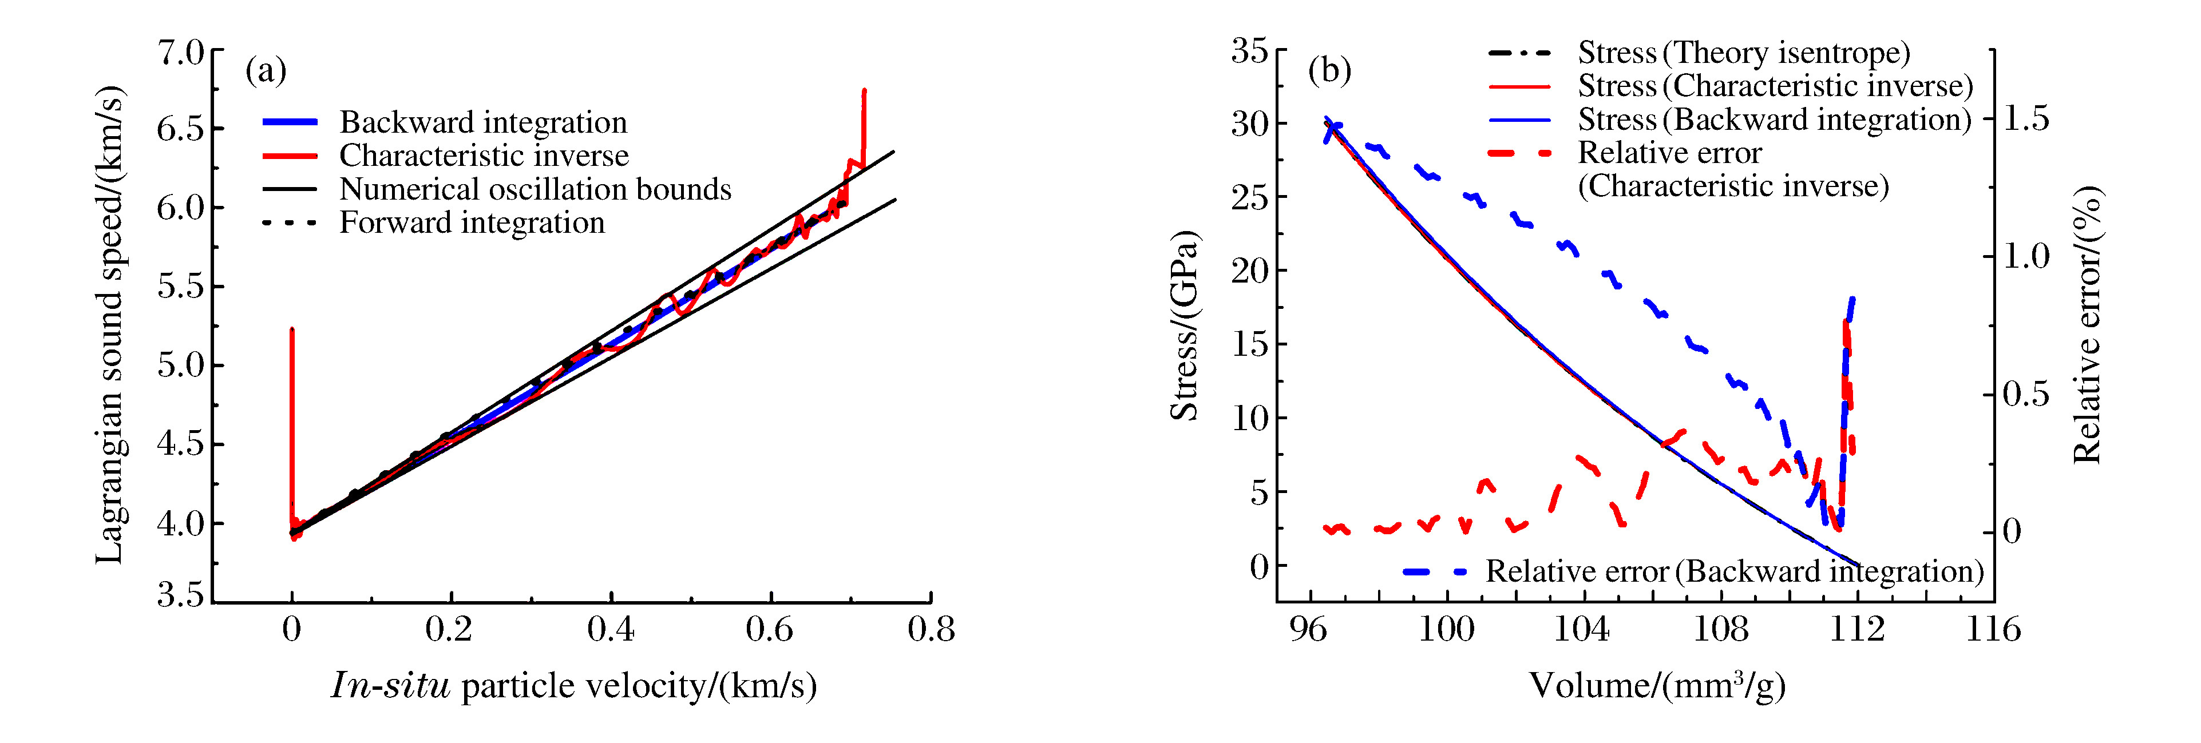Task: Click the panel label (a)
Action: click(x=266, y=70)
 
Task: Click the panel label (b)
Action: click(x=1329, y=70)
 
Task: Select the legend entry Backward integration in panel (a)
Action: click(x=483, y=122)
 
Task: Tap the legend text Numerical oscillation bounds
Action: click(x=535, y=189)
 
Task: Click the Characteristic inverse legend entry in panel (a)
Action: click(x=484, y=156)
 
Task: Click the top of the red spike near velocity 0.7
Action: click(x=865, y=90)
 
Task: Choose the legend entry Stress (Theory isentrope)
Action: click(x=1743, y=53)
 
